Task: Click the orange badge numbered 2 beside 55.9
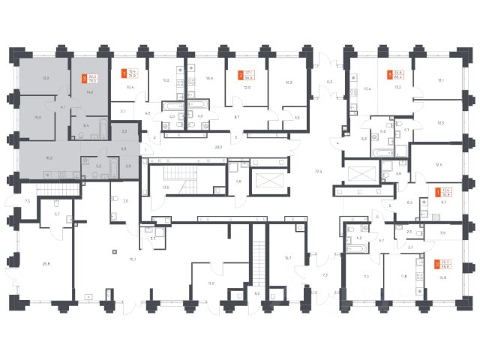click(437, 265)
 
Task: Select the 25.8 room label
click(46, 262)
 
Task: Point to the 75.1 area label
click(132, 259)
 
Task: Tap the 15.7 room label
click(287, 257)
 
